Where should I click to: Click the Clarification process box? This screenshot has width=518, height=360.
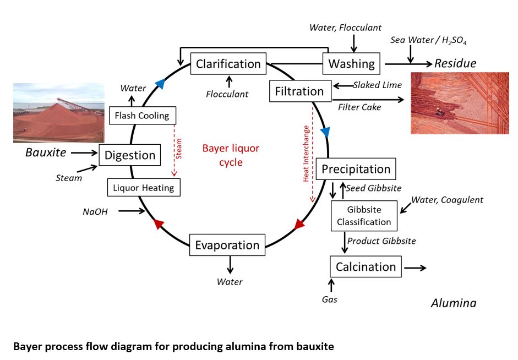click(228, 64)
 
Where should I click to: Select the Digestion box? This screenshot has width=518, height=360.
click(130, 155)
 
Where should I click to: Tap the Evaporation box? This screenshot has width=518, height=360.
click(227, 245)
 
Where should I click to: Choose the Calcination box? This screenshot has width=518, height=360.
click(366, 267)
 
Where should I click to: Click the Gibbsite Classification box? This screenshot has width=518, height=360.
click(364, 216)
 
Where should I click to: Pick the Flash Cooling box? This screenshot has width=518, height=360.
click(143, 116)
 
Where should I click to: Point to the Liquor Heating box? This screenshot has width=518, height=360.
click(144, 188)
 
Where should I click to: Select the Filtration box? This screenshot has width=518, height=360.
click(300, 91)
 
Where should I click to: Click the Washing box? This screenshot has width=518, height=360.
click(352, 64)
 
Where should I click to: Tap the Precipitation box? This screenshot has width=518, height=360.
click(356, 169)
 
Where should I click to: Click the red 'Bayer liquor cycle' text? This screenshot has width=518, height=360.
click(231, 155)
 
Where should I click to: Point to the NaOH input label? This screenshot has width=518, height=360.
click(95, 211)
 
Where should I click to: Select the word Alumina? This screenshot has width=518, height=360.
click(454, 303)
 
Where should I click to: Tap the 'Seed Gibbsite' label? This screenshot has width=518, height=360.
click(374, 188)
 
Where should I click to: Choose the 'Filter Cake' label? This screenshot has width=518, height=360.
click(359, 107)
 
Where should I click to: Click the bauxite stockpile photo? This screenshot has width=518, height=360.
click(58, 112)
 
